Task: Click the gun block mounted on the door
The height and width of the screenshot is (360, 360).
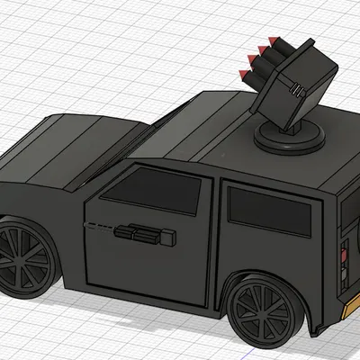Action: click(x=144, y=236)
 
